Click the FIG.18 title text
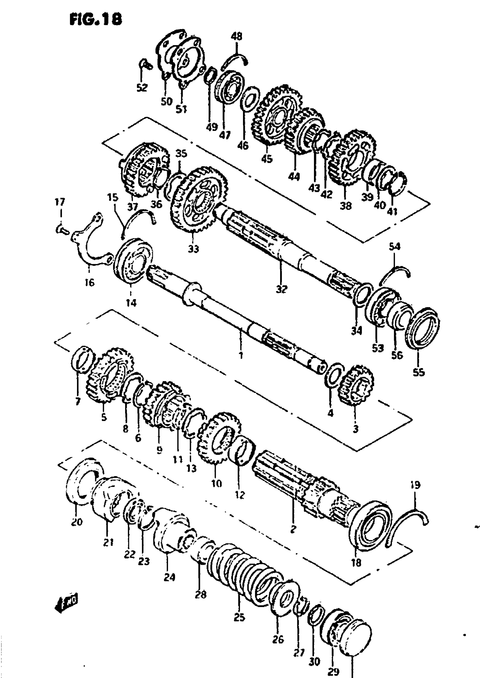[95, 20]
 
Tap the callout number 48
[236, 36]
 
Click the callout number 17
[60, 202]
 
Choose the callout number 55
[418, 373]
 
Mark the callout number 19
[415, 485]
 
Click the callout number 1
[241, 355]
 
